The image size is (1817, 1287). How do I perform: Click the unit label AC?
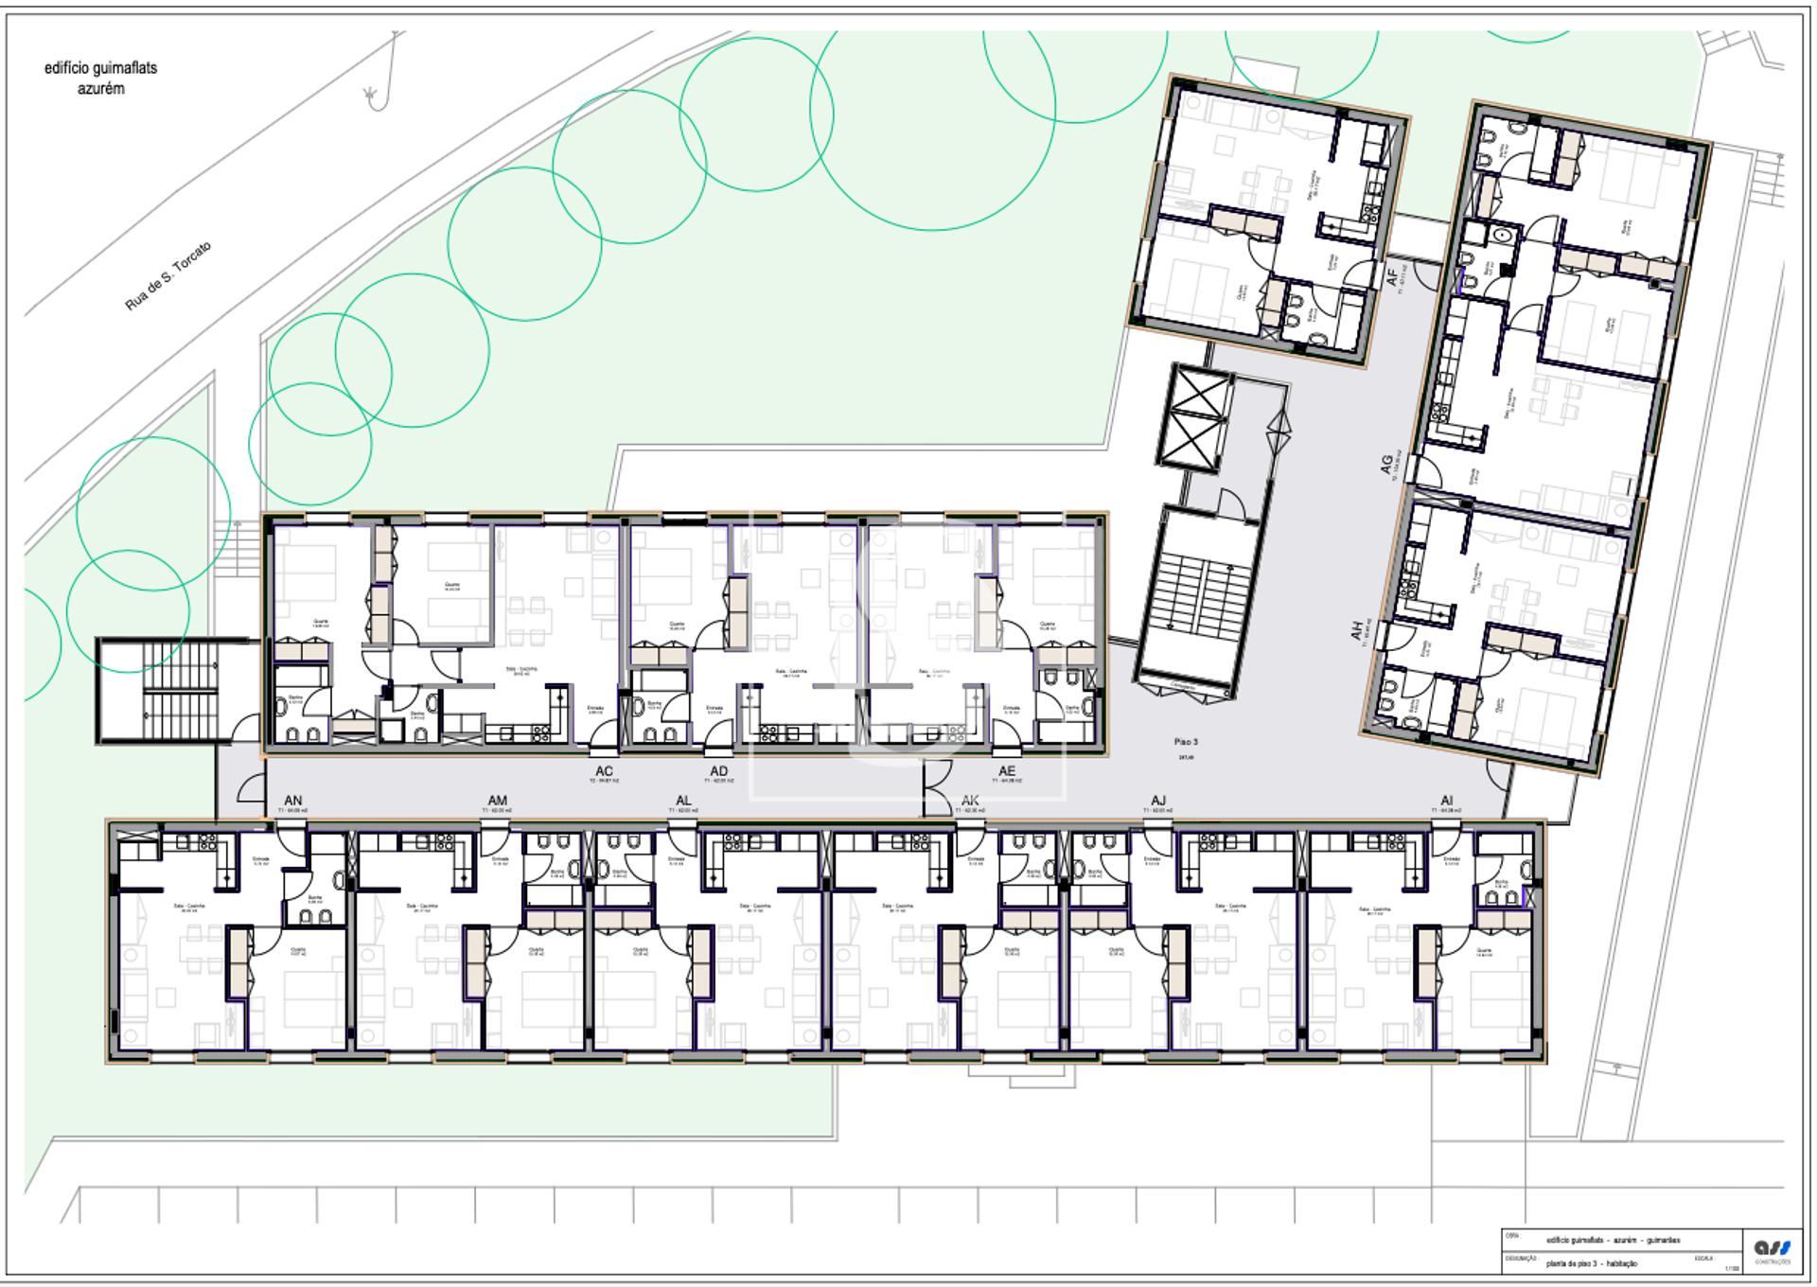[604, 772]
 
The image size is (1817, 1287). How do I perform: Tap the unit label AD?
[719, 772]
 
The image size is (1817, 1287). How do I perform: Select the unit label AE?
[1006, 772]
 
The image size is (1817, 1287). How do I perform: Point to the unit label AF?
[1391, 278]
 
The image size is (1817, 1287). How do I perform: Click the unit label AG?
[1386, 464]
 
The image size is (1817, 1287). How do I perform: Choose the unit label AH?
[1357, 631]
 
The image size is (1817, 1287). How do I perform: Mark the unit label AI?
[1446, 801]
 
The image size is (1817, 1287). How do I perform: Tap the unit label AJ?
[1157, 801]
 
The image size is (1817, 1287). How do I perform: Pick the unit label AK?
[970, 801]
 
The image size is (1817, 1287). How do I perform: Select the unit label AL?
[683, 801]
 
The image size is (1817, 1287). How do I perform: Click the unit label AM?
[497, 801]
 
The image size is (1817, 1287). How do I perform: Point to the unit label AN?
[293, 801]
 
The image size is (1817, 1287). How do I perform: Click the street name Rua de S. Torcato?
[168, 276]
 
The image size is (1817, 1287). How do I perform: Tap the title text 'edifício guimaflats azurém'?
[100, 78]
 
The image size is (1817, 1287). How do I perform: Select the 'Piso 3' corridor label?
[1185, 742]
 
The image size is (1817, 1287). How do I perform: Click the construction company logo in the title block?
[1772, 1249]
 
